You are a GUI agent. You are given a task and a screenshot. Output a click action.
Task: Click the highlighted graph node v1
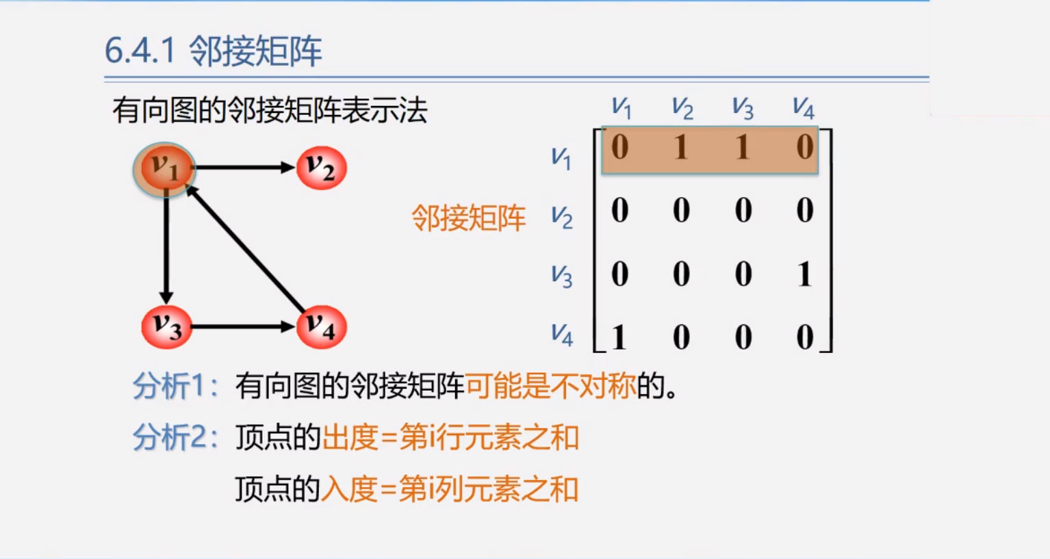(164, 169)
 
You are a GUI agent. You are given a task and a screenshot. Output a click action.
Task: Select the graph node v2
(322, 168)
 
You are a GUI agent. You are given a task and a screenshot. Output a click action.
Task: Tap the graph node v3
(167, 327)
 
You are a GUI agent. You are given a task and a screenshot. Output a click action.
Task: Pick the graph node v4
(322, 327)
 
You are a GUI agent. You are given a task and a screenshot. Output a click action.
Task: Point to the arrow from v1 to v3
(166, 247)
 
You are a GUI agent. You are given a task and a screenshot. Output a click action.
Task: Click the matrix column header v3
(743, 108)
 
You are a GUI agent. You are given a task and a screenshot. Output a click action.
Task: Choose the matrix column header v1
(622, 108)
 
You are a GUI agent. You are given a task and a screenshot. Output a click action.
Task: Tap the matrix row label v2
(561, 218)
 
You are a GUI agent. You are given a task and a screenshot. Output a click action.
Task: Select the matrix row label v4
(561, 335)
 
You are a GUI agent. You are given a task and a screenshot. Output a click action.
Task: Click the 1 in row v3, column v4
(805, 274)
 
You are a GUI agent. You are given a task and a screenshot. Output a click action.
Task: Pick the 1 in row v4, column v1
(619, 337)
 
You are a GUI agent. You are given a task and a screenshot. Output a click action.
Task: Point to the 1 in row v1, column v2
(681, 147)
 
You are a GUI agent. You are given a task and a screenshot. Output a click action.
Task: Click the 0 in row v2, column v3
(743, 210)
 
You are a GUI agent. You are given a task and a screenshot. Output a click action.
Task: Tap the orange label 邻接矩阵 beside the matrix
(468, 218)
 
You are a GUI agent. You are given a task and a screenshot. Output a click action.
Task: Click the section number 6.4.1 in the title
(140, 51)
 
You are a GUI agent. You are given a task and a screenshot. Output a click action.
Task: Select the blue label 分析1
(175, 386)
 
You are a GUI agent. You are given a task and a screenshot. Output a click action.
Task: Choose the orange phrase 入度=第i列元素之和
(450, 489)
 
